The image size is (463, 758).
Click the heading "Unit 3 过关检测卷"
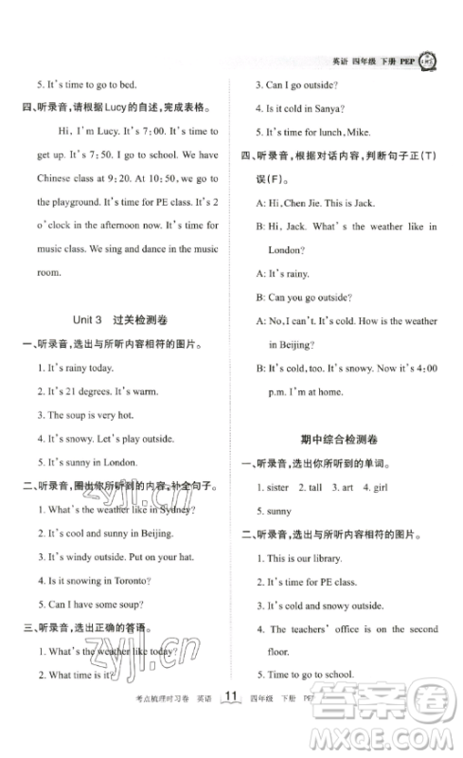tap(126, 320)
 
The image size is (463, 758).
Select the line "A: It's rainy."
tap(283, 273)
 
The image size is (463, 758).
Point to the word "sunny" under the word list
tap(279, 511)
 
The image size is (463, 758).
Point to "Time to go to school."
tap(309, 676)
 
